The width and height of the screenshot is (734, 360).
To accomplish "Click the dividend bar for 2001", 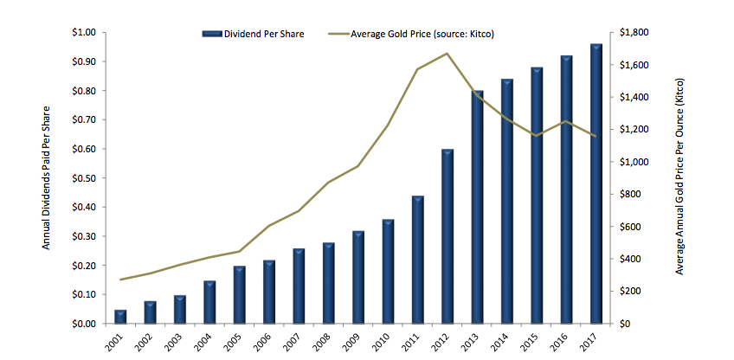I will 120,317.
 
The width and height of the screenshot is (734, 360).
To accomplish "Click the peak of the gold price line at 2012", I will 447,54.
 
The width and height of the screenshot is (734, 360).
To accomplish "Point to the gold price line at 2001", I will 120,280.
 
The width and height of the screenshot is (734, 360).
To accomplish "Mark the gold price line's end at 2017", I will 596,136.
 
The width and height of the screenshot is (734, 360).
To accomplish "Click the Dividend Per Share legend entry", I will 252,34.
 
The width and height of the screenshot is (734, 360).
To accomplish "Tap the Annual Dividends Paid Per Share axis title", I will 48,177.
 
